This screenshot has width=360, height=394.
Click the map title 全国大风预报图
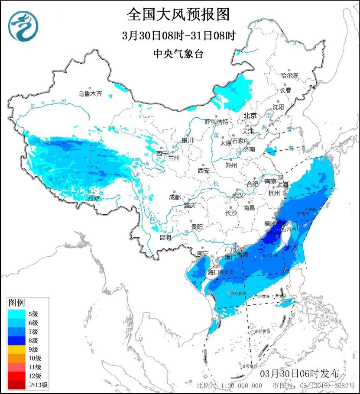point(178,14)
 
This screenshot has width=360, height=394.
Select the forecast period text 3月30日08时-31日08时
point(178,36)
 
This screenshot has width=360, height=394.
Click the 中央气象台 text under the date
point(178,54)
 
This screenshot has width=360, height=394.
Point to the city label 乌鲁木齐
point(90,93)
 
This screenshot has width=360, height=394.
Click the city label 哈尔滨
point(289,75)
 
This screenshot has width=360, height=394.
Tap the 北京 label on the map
point(250,116)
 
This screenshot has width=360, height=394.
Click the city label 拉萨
point(94,198)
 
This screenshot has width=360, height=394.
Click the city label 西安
point(204,171)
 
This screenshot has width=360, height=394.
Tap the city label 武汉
point(238,195)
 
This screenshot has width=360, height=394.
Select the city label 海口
point(214,272)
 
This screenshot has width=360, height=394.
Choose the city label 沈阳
point(279,107)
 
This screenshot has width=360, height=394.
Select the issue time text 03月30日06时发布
point(303,374)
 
